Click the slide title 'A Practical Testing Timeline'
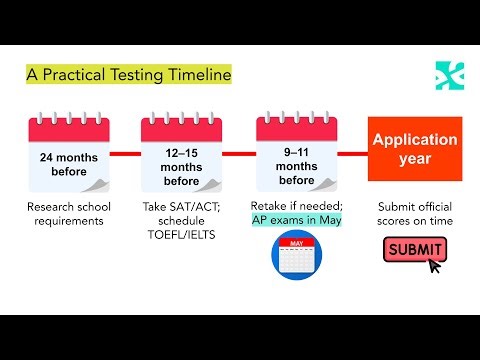coord(128,74)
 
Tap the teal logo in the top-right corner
coord(449,75)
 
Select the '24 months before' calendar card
coord(69,154)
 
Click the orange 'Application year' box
coord(415,148)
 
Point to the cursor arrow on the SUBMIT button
coord(434,265)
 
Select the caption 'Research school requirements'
coord(69,213)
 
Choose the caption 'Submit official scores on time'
coord(414,213)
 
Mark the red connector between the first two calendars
coord(125,154)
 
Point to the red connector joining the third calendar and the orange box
coord(355,154)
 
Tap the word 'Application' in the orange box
coord(415,139)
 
